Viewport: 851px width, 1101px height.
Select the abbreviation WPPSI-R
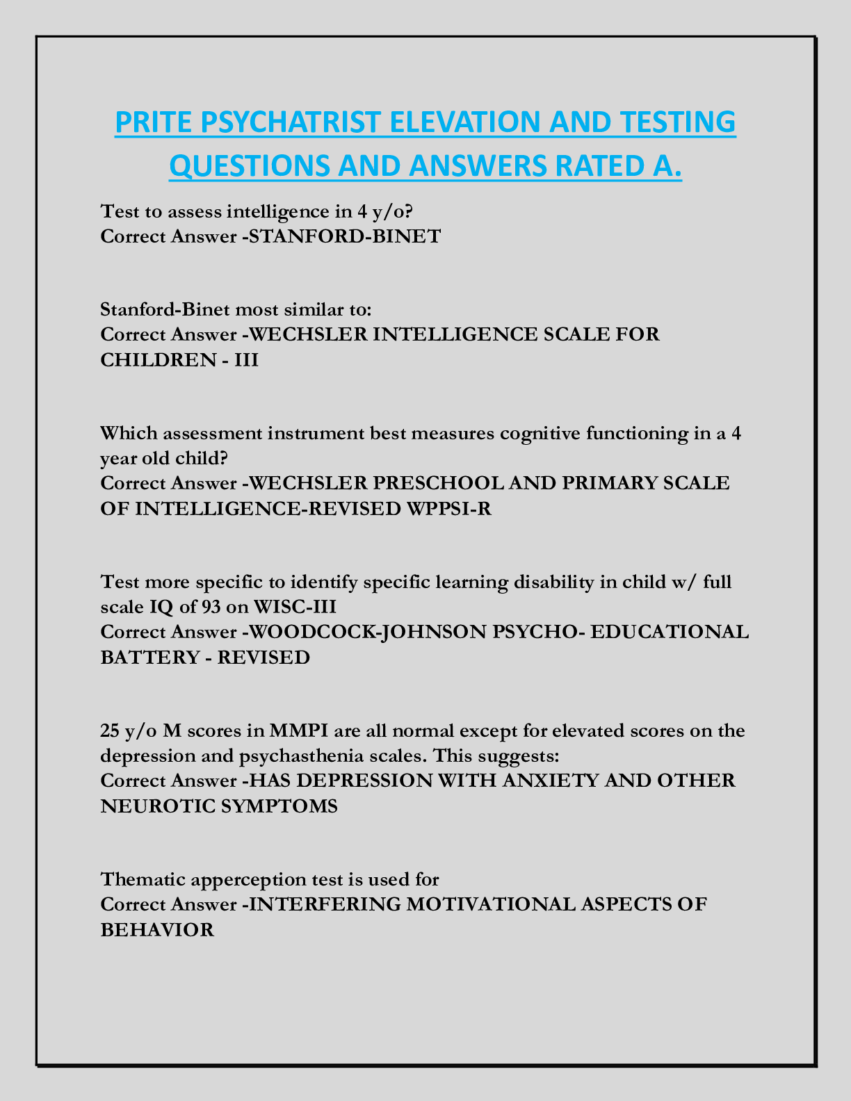pyautogui.click(x=447, y=509)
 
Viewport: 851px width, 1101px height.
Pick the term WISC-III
pyautogui.click(x=295, y=607)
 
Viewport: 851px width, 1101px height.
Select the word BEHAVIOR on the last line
pyautogui.click(x=157, y=930)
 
